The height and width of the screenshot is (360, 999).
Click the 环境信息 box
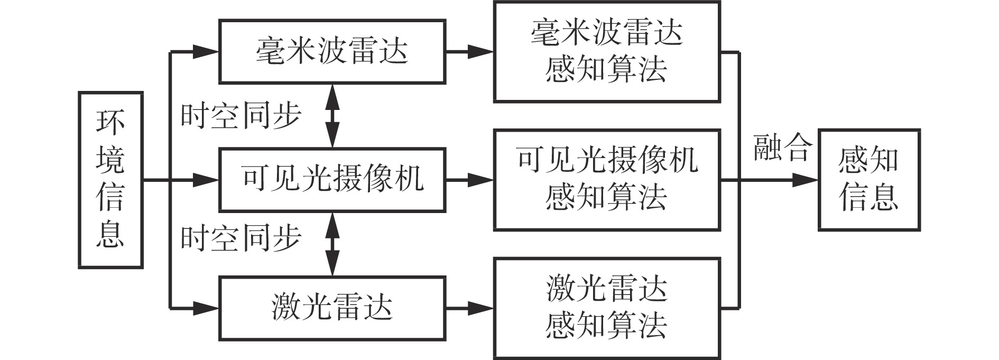click(x=110, y=180)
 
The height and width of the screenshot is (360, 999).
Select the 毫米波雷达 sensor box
click(x=332, y=52)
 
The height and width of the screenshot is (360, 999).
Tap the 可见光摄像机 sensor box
click(x=332, y=180)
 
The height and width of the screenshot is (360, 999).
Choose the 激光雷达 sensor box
click(x=332, y=308)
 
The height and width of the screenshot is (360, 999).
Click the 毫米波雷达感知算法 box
click(x=607, y=51)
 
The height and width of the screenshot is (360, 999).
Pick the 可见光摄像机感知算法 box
click(x=607, y=180)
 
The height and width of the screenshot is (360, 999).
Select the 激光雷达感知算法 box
click(x=607, y=308)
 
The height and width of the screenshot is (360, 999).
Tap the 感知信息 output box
click(x=869, y=180)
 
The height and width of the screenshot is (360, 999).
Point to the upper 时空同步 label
click(x=240, y=116)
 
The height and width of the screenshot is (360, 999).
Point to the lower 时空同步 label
click(x=240, y=238)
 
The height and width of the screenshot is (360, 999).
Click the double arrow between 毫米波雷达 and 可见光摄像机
click(x=332, y=116)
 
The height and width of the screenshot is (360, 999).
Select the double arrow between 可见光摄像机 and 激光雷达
click(x=332, y=244)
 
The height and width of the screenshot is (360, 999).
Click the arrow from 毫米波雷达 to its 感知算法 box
click(x=469, y=52)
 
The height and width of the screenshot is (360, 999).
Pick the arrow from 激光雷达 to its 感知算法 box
click(x=469, y=308)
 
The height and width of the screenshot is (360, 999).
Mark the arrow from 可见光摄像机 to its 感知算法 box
click(x=469, y=180)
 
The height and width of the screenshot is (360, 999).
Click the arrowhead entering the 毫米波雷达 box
click(x=206, y=52)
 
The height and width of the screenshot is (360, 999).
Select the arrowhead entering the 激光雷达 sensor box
click(x=206, y=307)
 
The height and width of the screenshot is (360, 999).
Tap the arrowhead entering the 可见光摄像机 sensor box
click(x=206, y=180)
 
